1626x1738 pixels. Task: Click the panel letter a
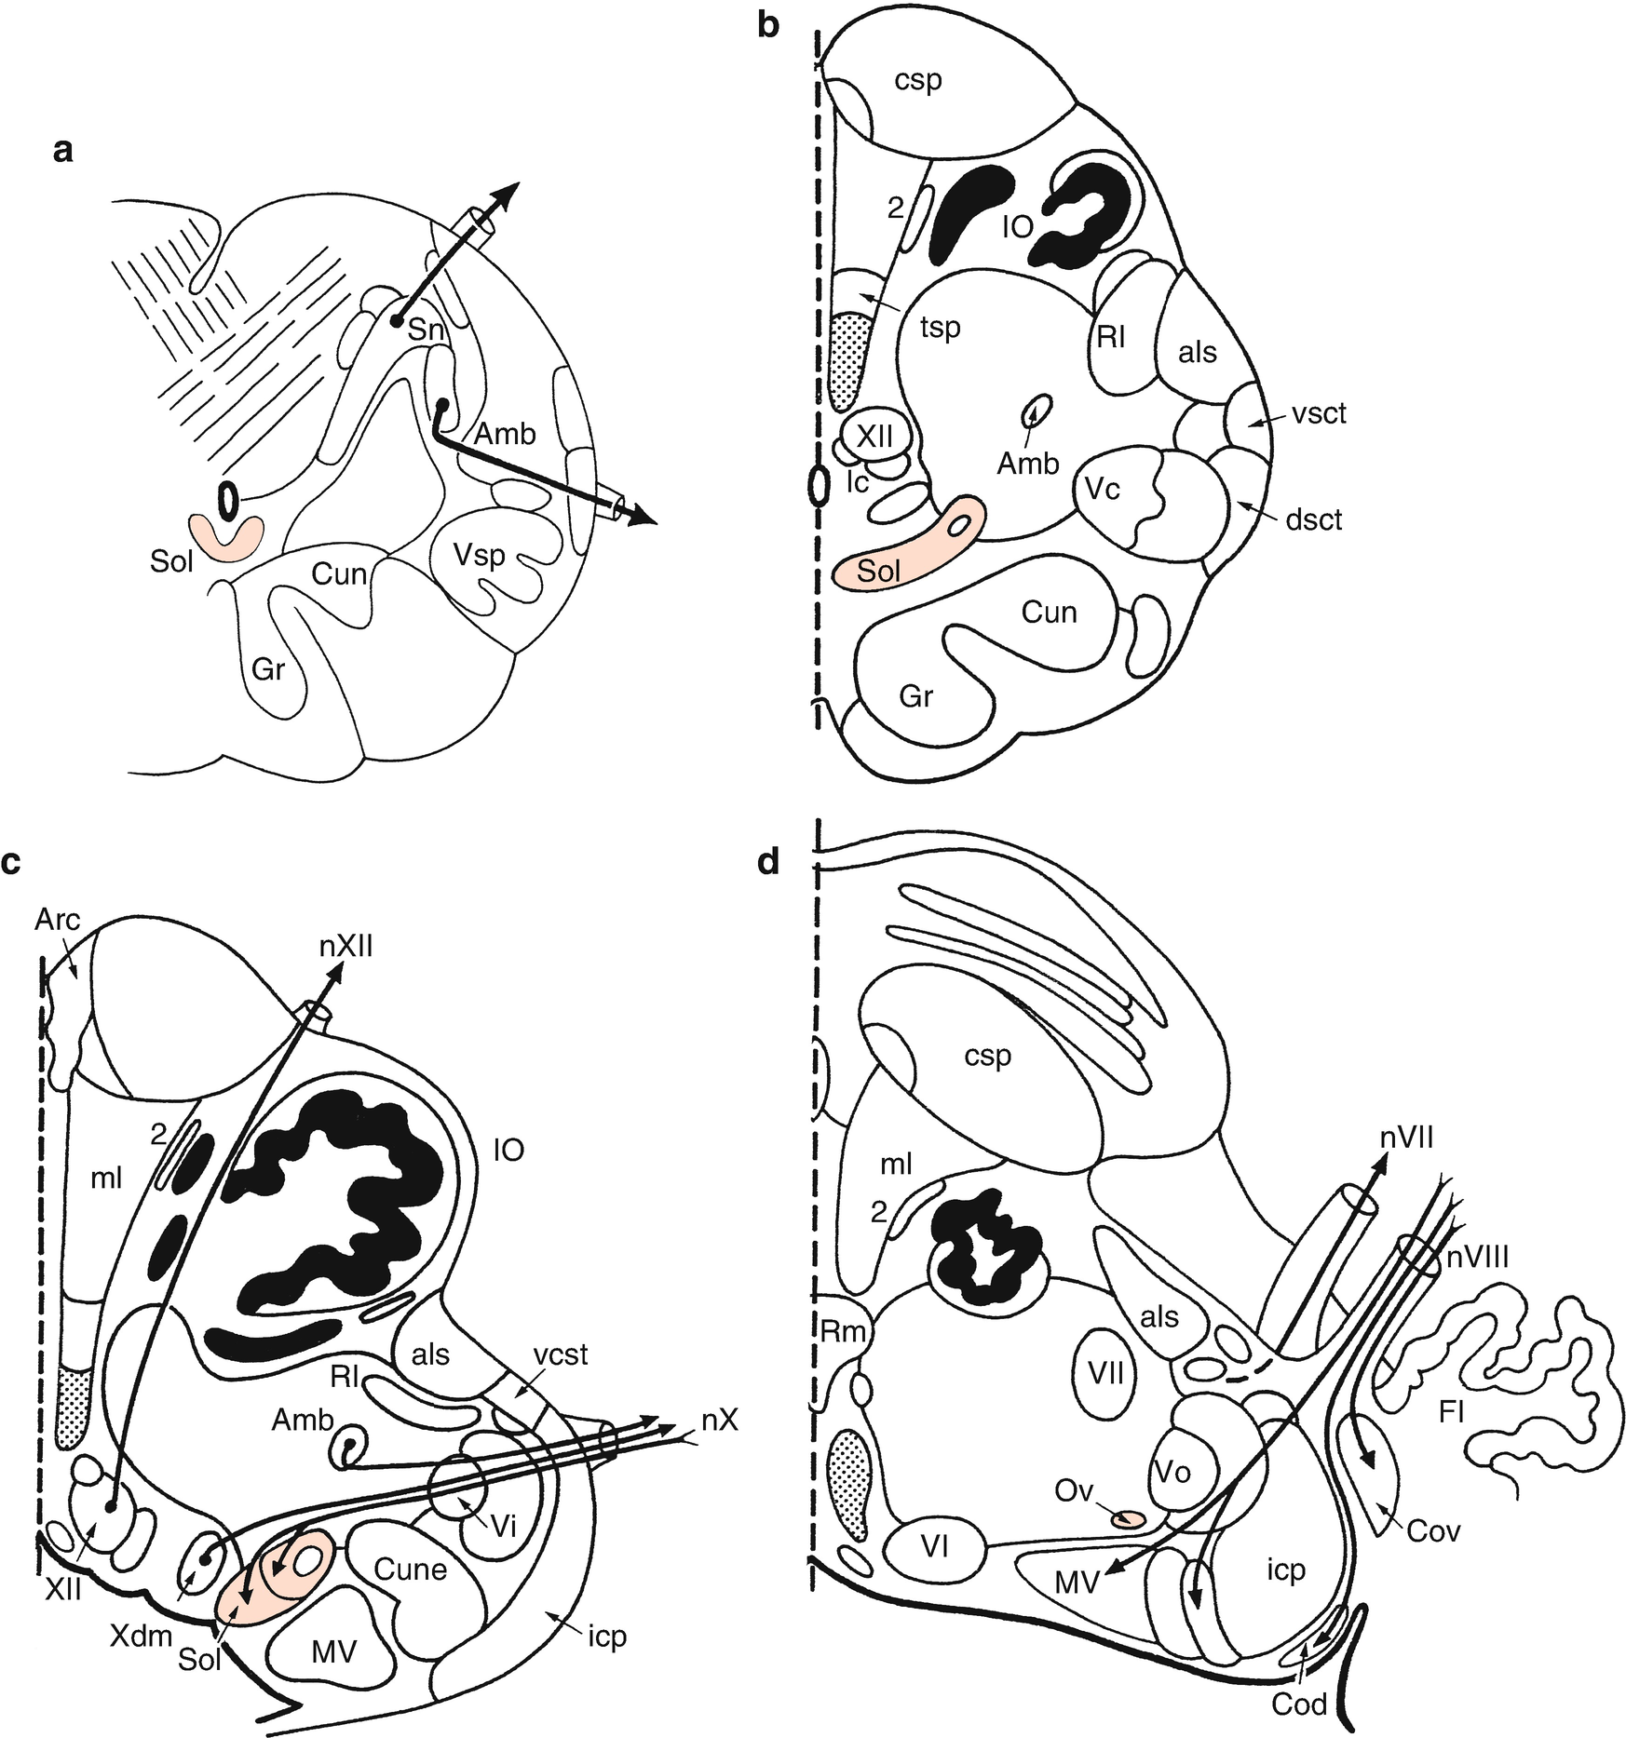click(x=62, y=150)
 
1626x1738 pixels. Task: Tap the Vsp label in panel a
click(x=480, y=556)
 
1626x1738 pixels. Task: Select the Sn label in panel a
click(x=427, y=330)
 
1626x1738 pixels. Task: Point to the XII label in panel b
click(x=874, y=435)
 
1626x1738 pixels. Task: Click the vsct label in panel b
click(x=1319, y=412)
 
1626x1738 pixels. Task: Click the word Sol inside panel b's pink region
click(x=878, y=571)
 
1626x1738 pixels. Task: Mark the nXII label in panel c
click(x=347, y=948)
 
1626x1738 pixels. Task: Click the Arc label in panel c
click(x=58, y=920)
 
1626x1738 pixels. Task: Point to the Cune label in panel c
click(x=411, y=1570)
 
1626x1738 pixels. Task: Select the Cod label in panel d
click(x=1299, y=1704)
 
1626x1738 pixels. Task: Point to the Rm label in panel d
click(x=844, y=1332)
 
